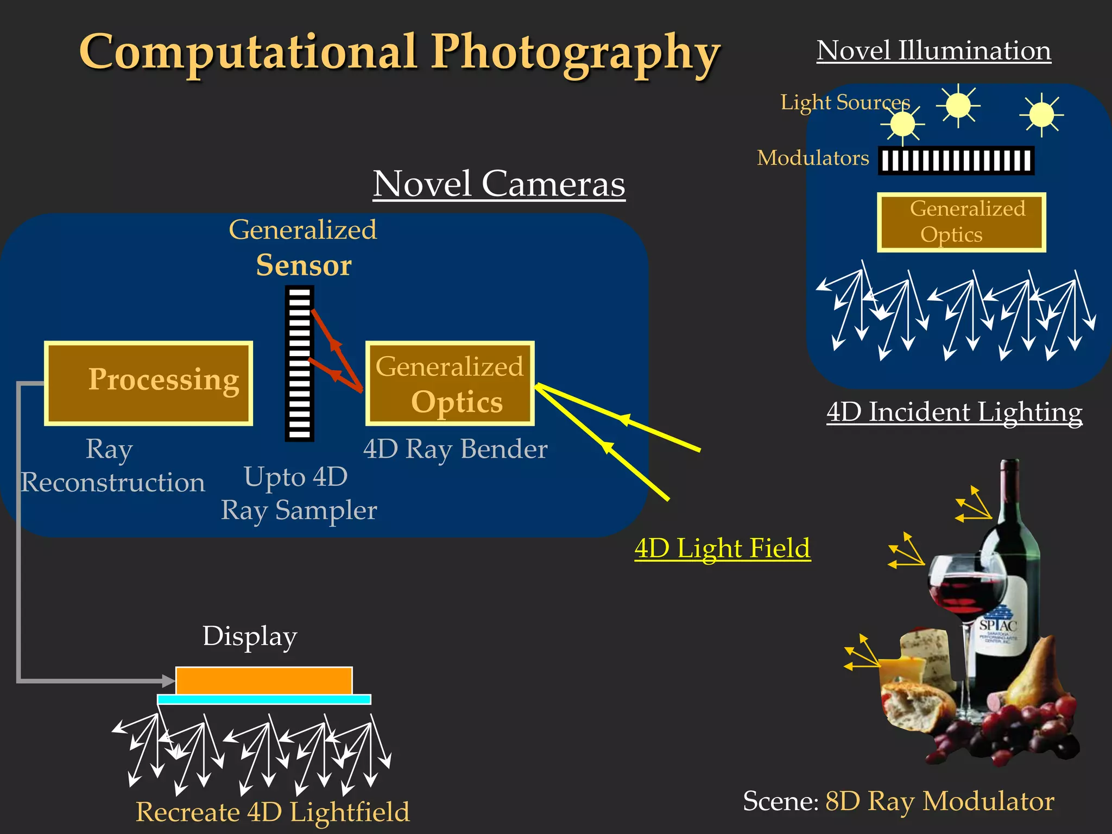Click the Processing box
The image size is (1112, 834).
coord(148,383)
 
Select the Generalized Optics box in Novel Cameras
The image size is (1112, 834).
coord(450,383)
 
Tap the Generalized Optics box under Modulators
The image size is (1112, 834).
coord(961,222)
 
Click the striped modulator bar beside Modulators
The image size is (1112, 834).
coord(956,161)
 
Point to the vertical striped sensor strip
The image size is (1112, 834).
coord(299,363)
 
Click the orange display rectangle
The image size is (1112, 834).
coord(264,680)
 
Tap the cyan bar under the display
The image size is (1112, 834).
coord(264,699)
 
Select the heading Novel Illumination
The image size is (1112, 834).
coord(933,50)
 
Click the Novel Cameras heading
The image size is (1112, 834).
coord(498,184)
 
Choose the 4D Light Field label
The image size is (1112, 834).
coord(722,548)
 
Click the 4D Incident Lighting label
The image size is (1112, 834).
coord(954,412)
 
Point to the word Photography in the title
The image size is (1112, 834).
coord(576,53)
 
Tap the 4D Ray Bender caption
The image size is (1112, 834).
coord(455,449)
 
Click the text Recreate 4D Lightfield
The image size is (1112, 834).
coord(273,812)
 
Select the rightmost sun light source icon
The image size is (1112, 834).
coord(1041,115)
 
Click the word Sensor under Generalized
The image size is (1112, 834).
coord(304,266)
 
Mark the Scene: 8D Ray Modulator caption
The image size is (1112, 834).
coord(899,801)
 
